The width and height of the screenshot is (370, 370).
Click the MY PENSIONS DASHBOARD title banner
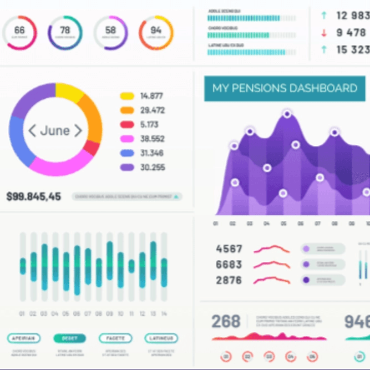click(x=285, y=88)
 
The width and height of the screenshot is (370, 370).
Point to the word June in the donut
click(x=55, y=131)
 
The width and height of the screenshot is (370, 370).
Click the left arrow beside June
click(x=32, y=131)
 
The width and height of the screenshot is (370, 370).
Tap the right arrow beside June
click(x=78, y=131)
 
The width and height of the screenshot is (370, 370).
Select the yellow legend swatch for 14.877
click(x=128, y=96)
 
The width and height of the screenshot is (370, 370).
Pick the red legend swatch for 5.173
click(x=128, y=125)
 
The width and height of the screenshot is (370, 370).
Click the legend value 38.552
click(x=152, y=139)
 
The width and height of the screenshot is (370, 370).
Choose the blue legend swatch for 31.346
click(x=128, y=154)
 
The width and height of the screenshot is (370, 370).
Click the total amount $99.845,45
click(x=34, y=196)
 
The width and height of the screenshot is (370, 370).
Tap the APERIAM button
click(x=24, y=338)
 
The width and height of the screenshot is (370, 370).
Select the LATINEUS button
click(x=161, y=338)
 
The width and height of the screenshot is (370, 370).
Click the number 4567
click(x=229, y=249)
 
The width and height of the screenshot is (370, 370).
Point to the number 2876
click(x=229, y=280)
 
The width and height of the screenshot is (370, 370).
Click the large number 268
click(x=226, y=322)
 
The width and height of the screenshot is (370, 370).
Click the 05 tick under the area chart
click(x=284, y=224)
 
